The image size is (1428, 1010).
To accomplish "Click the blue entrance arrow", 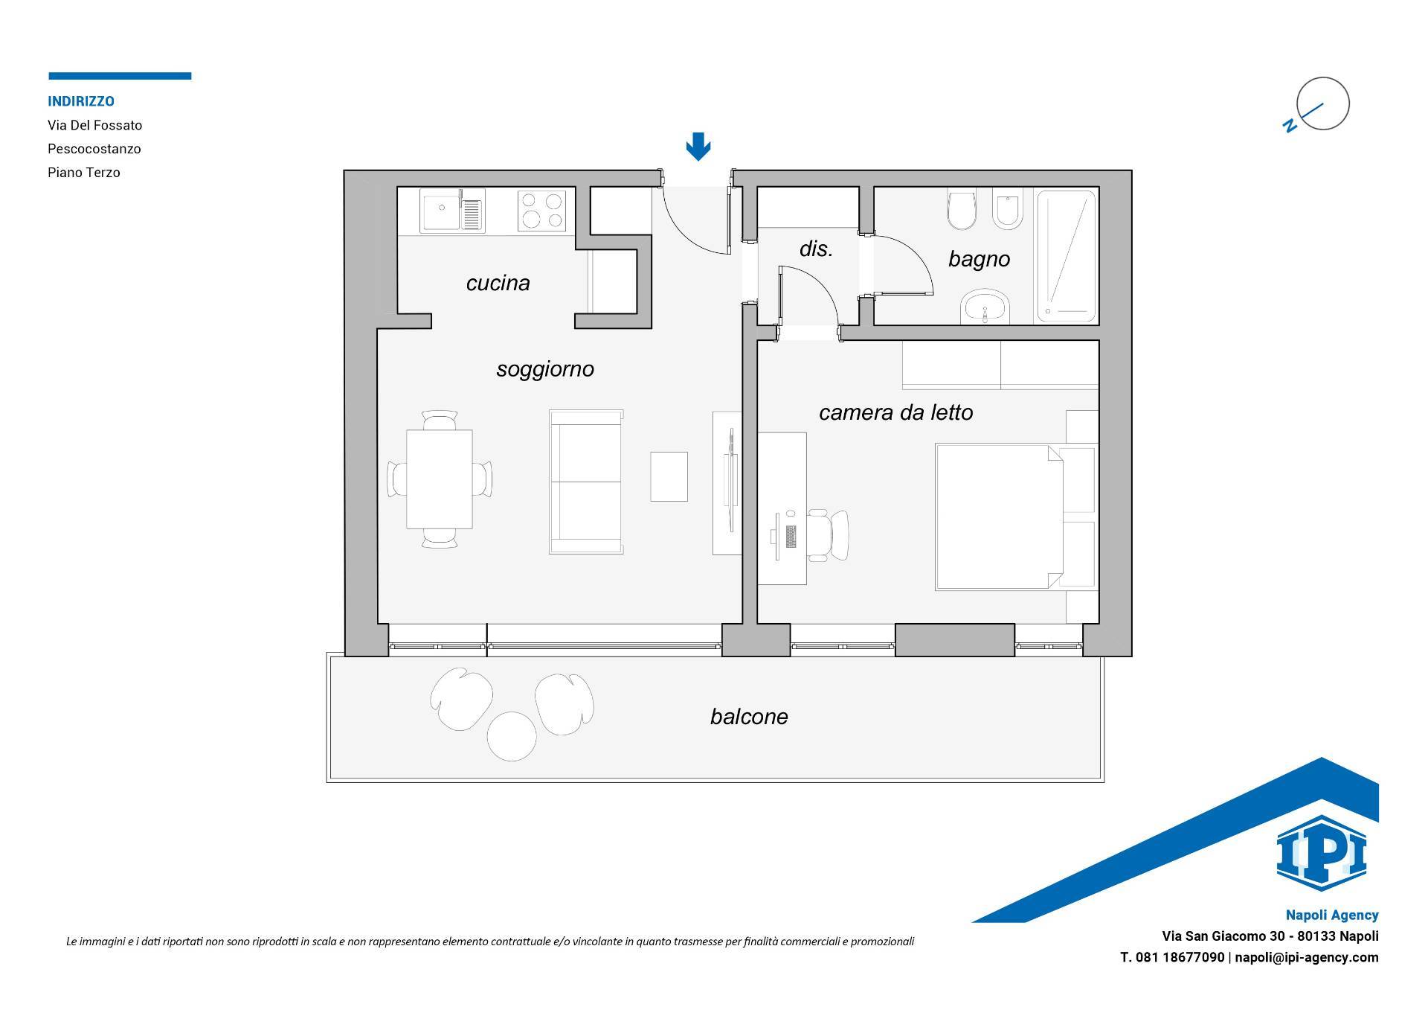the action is (698, 147).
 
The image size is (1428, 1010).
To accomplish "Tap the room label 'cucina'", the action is (498, 283).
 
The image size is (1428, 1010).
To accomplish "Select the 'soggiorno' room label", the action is (545, 369).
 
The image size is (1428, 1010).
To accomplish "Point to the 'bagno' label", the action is (979, 259).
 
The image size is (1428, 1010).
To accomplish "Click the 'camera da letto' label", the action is (895, 412).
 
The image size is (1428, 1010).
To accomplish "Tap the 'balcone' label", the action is (749, 717).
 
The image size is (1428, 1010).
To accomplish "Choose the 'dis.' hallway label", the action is (816, 249).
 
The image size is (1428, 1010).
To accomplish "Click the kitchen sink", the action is (452, 211).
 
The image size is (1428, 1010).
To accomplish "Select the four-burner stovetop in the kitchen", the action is (541, 210).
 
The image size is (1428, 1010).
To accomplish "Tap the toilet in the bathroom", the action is (962, 210).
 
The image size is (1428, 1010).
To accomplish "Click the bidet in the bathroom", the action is (1008, 210).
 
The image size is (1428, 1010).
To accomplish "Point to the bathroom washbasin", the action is (985, 307).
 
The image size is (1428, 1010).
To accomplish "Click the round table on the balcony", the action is (512, 736).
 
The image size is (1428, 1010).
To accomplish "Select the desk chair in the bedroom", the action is (828, 535).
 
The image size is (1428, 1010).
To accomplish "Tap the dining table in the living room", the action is (440, 479).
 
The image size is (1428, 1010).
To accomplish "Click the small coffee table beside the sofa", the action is (669, 476).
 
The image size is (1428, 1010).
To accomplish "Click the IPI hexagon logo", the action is (1322, 853).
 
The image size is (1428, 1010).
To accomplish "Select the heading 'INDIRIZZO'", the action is (81, 101).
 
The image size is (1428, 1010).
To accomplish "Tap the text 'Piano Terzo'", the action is (84, 173).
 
